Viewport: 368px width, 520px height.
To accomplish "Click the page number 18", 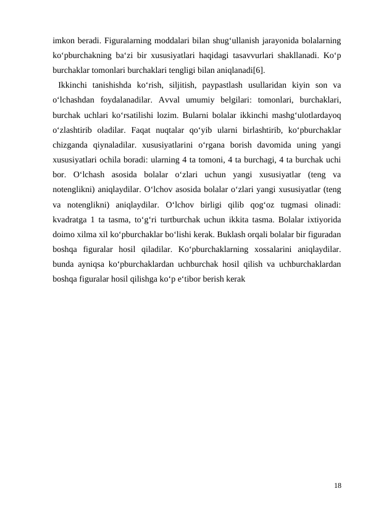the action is [338, 487].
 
